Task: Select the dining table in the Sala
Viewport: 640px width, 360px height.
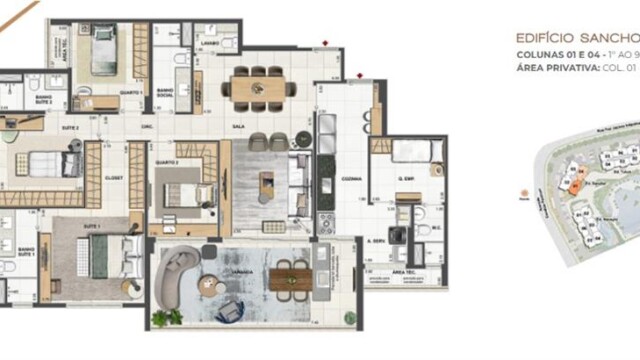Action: pos(258,87)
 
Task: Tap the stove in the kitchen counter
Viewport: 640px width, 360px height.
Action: pos(326,220)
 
